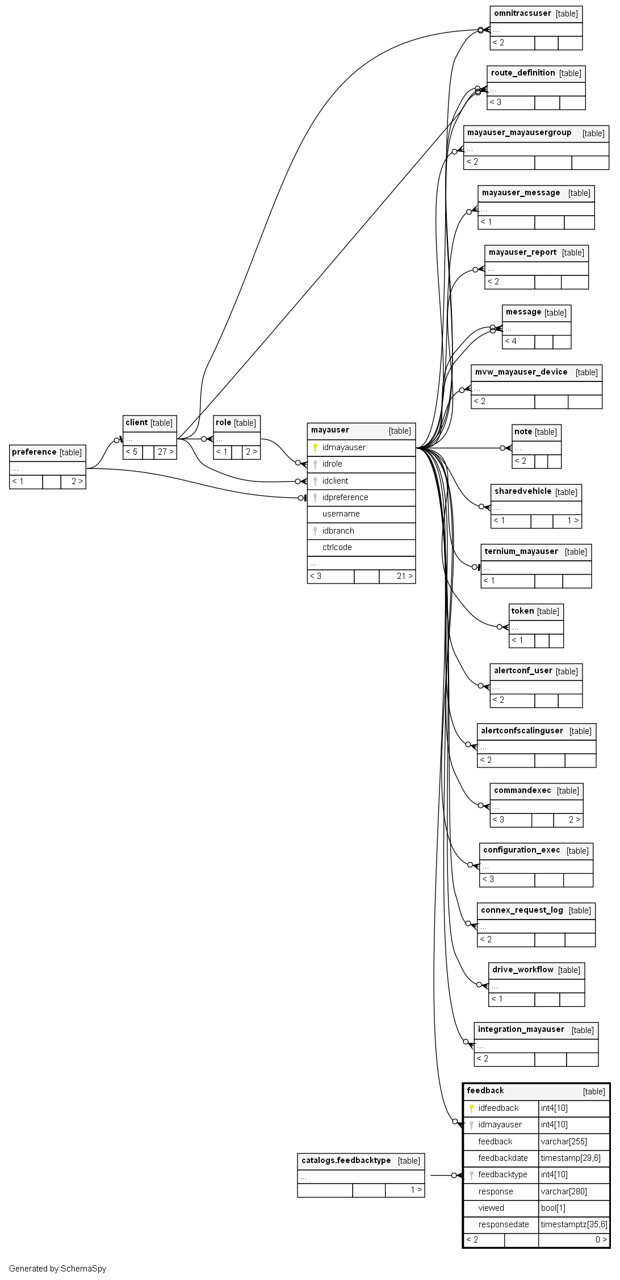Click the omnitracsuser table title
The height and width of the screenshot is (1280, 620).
point(522,14)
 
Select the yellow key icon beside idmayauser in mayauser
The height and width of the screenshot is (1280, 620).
point(315,448)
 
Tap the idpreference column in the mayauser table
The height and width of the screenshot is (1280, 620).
point(345,497)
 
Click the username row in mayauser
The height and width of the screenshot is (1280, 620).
point(341,514)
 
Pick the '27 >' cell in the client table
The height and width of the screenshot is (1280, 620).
point(165,452)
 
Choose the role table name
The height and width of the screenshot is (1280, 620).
point(224,422)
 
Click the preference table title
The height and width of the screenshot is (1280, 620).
point(34,452)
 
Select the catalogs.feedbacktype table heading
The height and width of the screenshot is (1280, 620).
point(346,1161)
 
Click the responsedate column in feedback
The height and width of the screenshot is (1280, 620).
point(503,1224)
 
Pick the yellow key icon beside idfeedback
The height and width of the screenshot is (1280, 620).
point(471,1108)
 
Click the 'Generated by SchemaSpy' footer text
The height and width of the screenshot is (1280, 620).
point(57,1269)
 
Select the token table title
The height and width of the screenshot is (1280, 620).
point(522,611)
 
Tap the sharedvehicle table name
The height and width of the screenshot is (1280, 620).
point(522,492)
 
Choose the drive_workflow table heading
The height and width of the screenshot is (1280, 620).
point(522,970)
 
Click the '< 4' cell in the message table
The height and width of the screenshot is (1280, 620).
point(511,341)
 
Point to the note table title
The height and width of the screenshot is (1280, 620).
point(523,432)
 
